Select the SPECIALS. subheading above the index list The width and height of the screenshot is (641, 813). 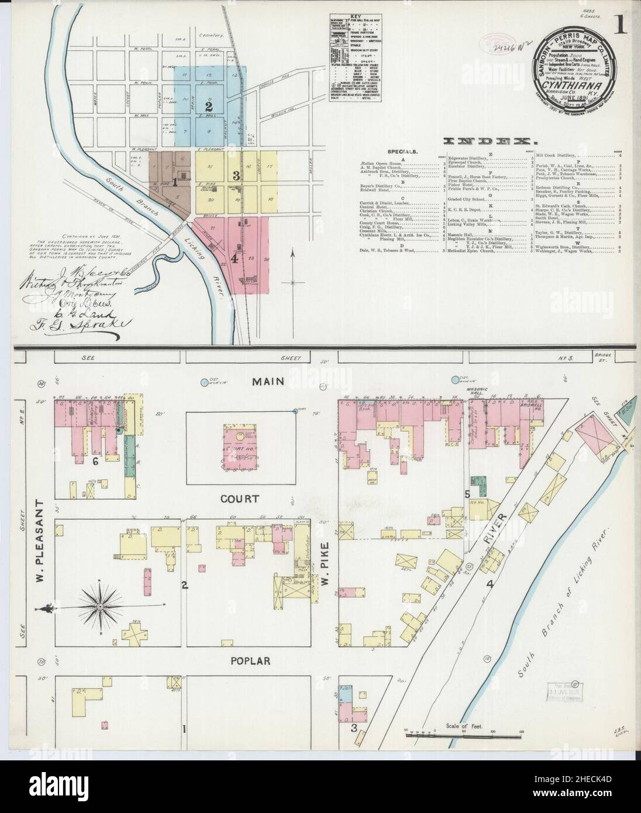[403, 151]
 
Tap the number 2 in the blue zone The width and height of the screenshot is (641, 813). [207, 106]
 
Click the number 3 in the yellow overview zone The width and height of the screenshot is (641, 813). [236, 176]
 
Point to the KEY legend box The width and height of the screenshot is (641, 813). [351, 58]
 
